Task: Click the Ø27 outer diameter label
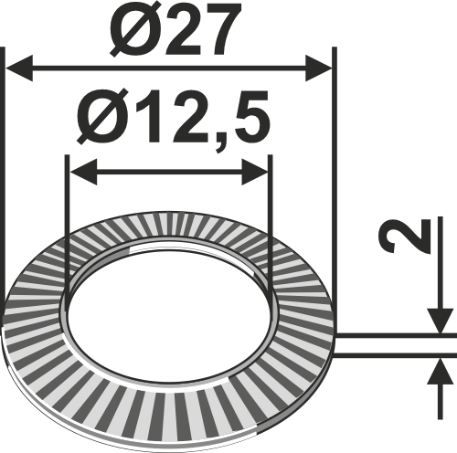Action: (x=168, y=30)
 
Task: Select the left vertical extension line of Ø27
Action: (x=4, y=183)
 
